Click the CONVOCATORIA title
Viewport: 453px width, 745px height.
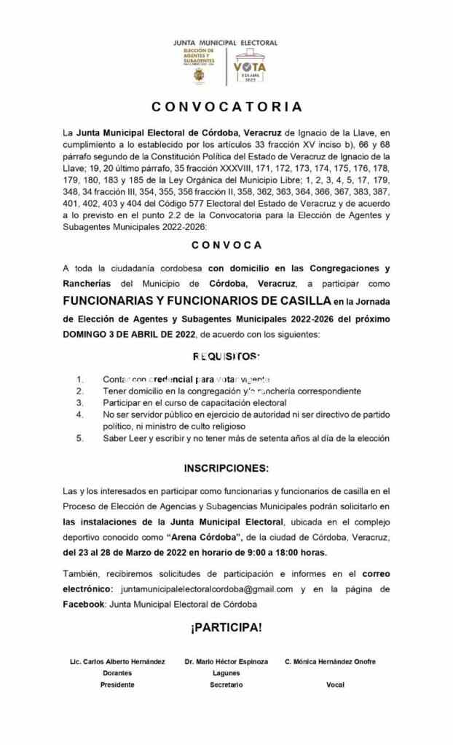pos(227,107)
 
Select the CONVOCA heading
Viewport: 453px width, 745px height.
pos(227,245)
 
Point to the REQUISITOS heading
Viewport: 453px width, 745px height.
pos(226,356)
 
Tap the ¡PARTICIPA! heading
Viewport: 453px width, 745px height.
pos(226,627)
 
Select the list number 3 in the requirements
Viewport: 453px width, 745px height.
pos(79,402)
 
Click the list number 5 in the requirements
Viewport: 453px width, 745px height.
pos(79,438)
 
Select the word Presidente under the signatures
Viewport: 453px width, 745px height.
pos(117,685)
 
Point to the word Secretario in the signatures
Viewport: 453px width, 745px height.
pos(226,685)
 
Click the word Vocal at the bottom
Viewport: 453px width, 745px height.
pos(335,685)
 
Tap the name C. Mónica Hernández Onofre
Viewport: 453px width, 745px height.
pos(330,661)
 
